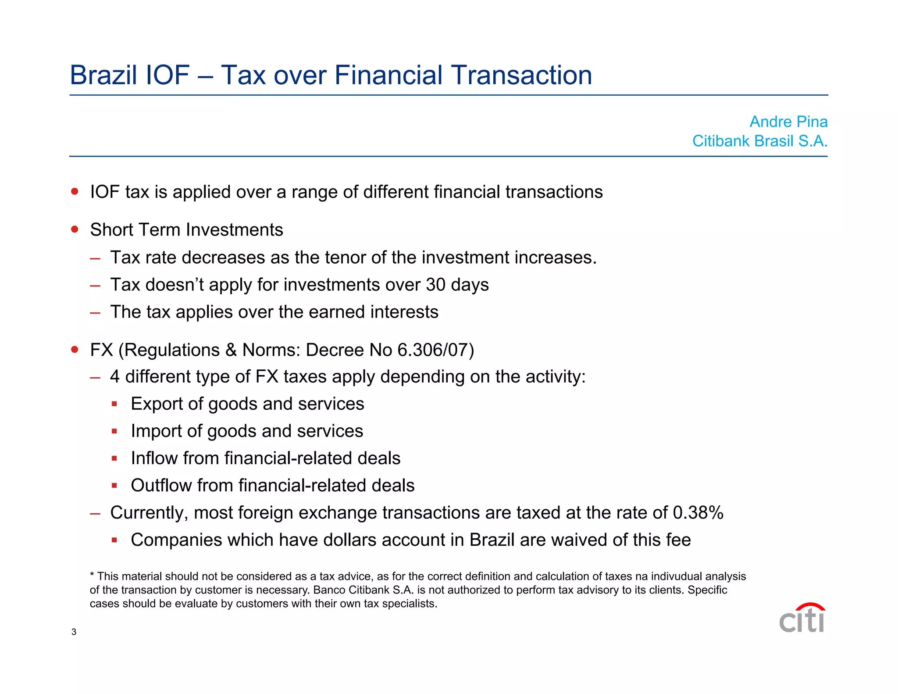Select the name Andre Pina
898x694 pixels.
click(x=788, y=122)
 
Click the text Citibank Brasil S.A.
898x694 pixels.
click(x=759, y=141)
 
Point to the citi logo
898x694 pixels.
click(x=802, y=618)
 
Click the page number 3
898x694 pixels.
click(x=74, y=632)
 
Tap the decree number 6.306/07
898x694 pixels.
click(x=433, y=350)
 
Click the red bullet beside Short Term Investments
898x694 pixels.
click(x=75, y=229)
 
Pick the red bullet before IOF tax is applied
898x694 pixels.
click(x=75, y=192)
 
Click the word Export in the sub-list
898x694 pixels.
click(x=157, y=404)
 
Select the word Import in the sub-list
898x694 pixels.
click(x=156, y=431)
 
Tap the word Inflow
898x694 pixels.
click(x=154, y=458)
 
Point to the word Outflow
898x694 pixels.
click(x=161, y=486)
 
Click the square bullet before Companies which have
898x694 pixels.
click(x=114, y=540)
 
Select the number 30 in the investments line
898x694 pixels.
click(x=435, y=285)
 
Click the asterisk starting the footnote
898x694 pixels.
click(x=92, y=575)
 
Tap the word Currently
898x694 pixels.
click(x=149, y=513)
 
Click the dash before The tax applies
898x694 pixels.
click(x=95, y=313)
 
